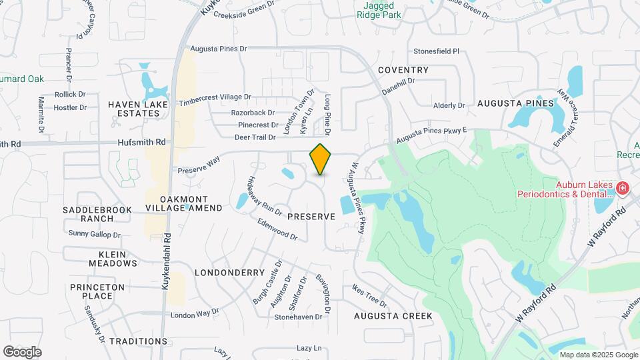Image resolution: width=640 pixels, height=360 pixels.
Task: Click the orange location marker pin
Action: click(321, 159)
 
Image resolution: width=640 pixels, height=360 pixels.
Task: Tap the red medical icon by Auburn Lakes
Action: click(623, 189)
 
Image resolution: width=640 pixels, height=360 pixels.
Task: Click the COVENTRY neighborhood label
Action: click(403, 70)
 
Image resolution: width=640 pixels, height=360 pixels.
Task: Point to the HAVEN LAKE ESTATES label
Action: click(134, 109)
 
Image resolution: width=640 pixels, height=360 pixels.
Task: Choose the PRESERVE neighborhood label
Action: click(311, 217)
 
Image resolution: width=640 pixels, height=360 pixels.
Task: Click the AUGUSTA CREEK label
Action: click(393, 315)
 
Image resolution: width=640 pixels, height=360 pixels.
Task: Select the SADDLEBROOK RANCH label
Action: click(97, 214)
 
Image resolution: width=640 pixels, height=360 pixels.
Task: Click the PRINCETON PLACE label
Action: click(97, 291)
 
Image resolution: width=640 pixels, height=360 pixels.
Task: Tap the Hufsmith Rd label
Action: click(141, 142)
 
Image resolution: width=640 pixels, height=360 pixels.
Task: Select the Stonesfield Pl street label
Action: click(437, 51)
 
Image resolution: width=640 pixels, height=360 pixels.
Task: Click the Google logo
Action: click(22, 351)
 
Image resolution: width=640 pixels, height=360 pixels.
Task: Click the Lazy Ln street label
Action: click(309, 348)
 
